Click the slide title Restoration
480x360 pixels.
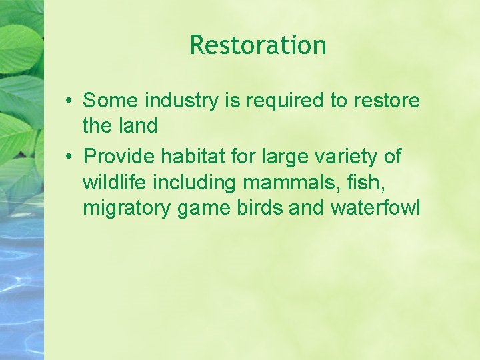[x=258, y=45]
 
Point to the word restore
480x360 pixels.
[x=387, y=101]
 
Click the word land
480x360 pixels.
[x=138, y=125]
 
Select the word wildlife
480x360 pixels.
[x=111, y=182]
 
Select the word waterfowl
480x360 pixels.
[x=375, y=207]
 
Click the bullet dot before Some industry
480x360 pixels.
[x=69, y=101]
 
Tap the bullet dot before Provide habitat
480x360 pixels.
[x=69, y=157]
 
